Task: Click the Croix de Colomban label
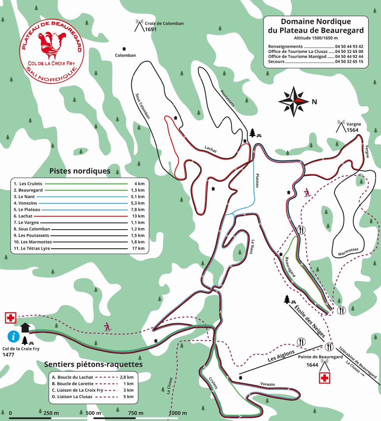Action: [164, 23]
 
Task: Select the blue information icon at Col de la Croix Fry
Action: [14, 336]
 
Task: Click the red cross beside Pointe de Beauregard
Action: [325, 378]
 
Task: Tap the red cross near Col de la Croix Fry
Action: [10, 318]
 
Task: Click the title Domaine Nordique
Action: [316, 21]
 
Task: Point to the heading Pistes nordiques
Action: [80, 171]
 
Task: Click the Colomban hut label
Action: [125, 55]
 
